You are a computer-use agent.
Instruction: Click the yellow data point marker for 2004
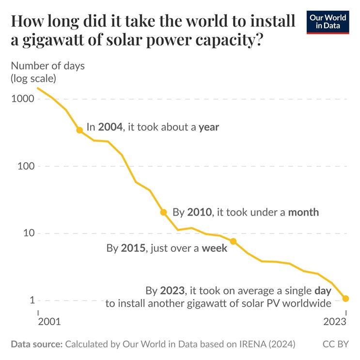79,130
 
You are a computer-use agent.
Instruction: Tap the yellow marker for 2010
164,212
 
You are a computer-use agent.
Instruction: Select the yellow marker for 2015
233,241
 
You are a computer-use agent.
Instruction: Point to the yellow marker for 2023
345,298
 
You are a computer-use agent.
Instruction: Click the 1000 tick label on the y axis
22,99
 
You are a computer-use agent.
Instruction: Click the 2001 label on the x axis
49,322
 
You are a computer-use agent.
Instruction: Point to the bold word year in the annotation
209,127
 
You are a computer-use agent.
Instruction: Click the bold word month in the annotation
303,212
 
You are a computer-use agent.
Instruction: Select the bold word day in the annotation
323,291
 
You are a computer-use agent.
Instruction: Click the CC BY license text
336,344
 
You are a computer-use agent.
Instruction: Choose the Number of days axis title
47,66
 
